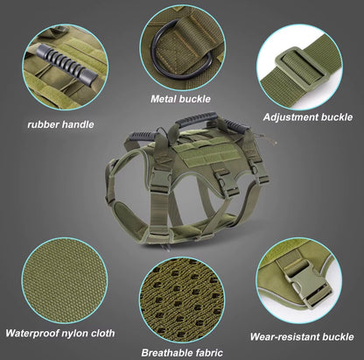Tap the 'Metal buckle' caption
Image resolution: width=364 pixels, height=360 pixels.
(x=180, y=99)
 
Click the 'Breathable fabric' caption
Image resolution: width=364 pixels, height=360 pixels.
(x=183, y=353)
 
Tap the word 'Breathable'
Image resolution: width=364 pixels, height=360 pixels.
(x=166, y=353)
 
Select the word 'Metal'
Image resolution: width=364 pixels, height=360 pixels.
(x=163, y=99)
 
